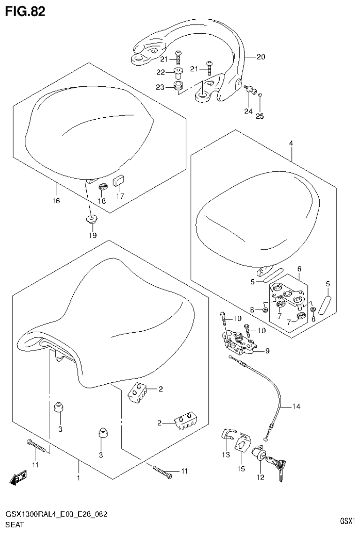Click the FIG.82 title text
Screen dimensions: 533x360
[25, 11]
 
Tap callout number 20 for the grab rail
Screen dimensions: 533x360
[261, 57]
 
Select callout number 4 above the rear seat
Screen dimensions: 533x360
[291, 143]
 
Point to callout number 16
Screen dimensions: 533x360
[56, 201]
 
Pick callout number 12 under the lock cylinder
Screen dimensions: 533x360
[260, 478]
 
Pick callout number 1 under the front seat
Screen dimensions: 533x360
[79, 478]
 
